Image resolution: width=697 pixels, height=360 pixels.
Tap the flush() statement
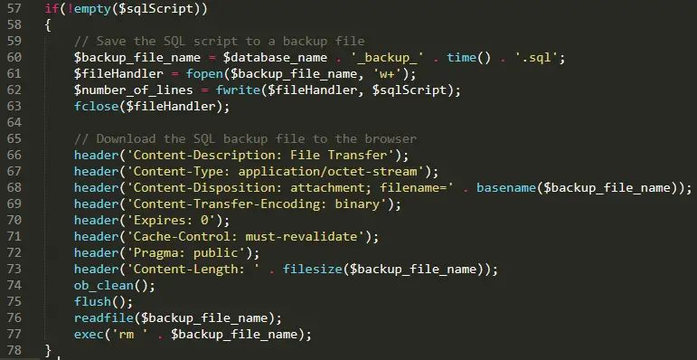(x=93, y=301)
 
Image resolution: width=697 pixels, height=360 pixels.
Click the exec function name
(x=89, y=334)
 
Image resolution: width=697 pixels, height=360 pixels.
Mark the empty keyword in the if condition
(x=89, y=9)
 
